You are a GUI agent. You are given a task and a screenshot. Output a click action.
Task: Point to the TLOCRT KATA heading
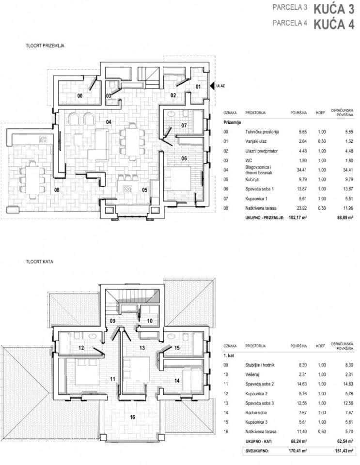[x=40, y=262]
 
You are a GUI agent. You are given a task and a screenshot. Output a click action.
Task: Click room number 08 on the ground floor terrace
[x=57, y=190]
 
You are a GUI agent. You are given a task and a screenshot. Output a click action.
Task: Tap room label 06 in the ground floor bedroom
[x=184, y=158]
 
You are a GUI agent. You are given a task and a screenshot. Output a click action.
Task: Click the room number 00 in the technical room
[x=79, y=96]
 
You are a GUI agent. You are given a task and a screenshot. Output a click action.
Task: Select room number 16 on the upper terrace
[x=132, y=417]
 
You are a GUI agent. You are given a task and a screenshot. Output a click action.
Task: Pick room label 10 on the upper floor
[x=150, y=321]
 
